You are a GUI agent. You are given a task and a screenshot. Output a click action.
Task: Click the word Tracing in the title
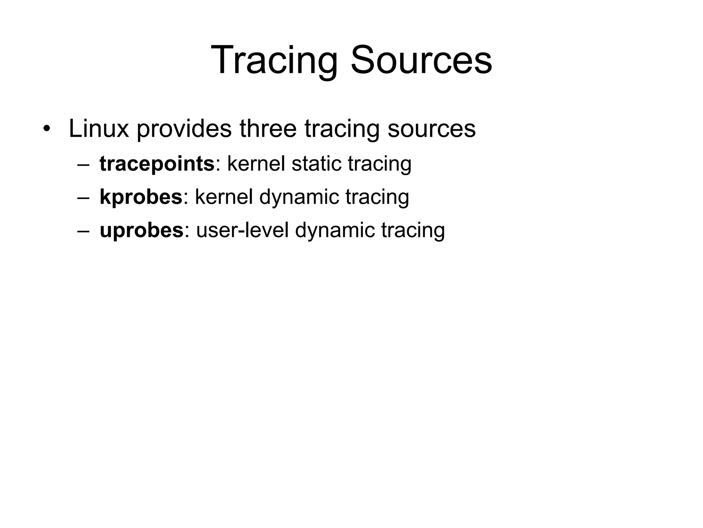click(274, 61)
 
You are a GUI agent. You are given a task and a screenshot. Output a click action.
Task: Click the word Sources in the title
click(421, 61)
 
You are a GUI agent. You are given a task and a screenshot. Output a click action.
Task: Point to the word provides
click(184, 129)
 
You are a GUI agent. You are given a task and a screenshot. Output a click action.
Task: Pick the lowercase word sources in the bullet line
click(431, 129)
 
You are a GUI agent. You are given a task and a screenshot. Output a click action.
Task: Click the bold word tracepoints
click(157, 164)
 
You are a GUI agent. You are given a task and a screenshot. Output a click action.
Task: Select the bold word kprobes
click(141, 197)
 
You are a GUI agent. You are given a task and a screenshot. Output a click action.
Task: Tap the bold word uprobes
click(141, 230)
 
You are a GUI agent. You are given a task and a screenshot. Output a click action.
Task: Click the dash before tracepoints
click(83, 164)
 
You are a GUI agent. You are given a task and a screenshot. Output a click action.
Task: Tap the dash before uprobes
click(83, 231)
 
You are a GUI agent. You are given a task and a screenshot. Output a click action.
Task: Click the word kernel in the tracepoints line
click(256, 164)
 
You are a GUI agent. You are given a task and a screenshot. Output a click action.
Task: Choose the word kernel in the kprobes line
click(224, 197)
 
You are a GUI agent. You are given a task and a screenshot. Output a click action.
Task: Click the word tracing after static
click(380, 164)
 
